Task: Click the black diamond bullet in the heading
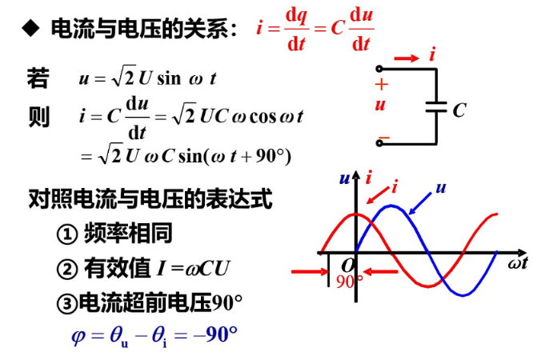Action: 30,30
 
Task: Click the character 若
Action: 38,78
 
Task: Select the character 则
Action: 38,117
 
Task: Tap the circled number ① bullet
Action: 66,234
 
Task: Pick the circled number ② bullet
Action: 66,269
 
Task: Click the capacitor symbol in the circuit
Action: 436,107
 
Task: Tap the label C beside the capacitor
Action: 459,110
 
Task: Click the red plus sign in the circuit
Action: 382,84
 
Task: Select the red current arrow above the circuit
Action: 407,58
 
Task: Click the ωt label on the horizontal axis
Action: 517,263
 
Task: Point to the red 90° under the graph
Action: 349,282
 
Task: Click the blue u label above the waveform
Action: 440,189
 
